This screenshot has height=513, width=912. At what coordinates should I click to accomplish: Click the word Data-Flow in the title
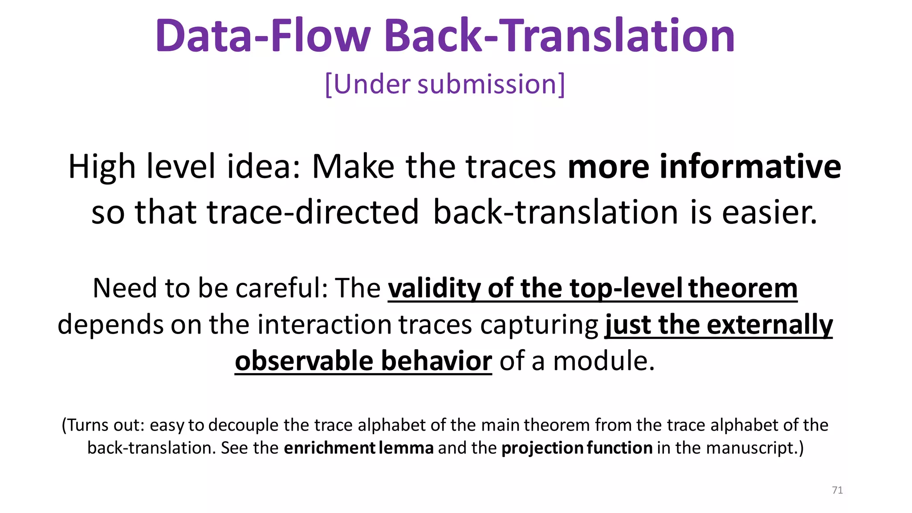coord(263,36)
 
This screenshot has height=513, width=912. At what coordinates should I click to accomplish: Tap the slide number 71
coord(837,490)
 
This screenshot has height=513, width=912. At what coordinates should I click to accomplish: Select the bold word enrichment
coord(330,448)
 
